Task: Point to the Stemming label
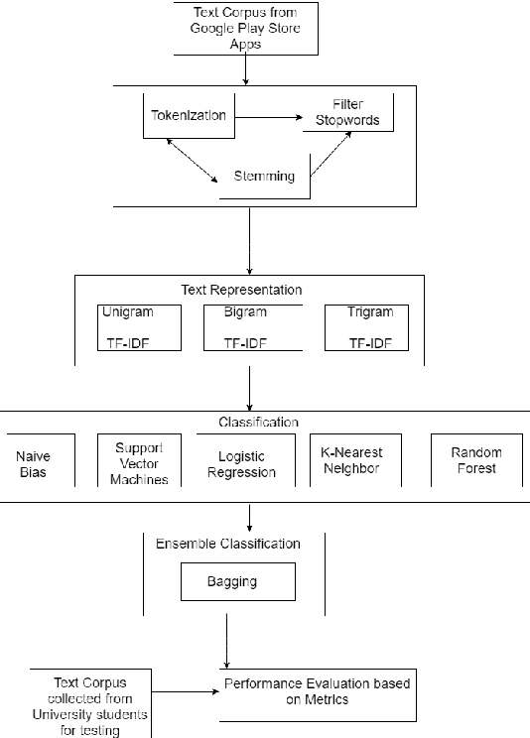point(264,177)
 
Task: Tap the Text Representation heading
point(241,291)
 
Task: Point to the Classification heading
point(258,422)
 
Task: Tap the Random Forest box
point(476,460)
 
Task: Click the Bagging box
point(237,582)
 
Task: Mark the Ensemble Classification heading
point(227,544)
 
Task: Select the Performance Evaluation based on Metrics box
point(317,692)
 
